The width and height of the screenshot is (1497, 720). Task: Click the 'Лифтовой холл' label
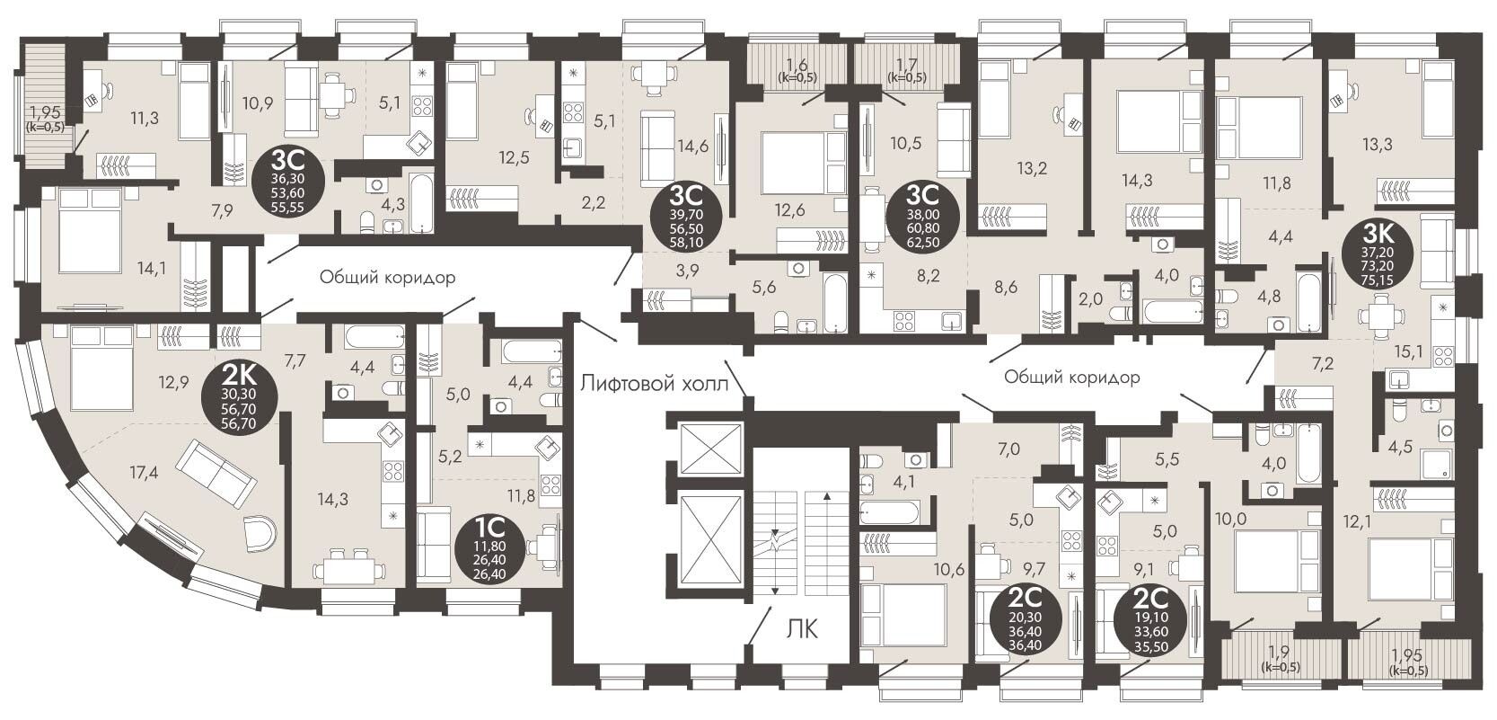[x=654, y=384]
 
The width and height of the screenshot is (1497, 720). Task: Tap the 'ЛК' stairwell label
[x=802, y=628]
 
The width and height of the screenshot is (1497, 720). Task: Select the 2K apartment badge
[x=239, y=399]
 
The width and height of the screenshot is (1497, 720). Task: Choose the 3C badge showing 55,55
[x=288, y=182]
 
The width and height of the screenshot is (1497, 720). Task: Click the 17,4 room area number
[x=145, y=473]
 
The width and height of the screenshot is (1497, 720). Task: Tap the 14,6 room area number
[x=691, y=146]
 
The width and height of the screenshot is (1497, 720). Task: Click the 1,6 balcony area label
[x=797, y=65]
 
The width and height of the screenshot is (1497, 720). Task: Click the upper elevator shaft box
[x=711, y=449]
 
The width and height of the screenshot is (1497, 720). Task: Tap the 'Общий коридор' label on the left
[x=387, y=276]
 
